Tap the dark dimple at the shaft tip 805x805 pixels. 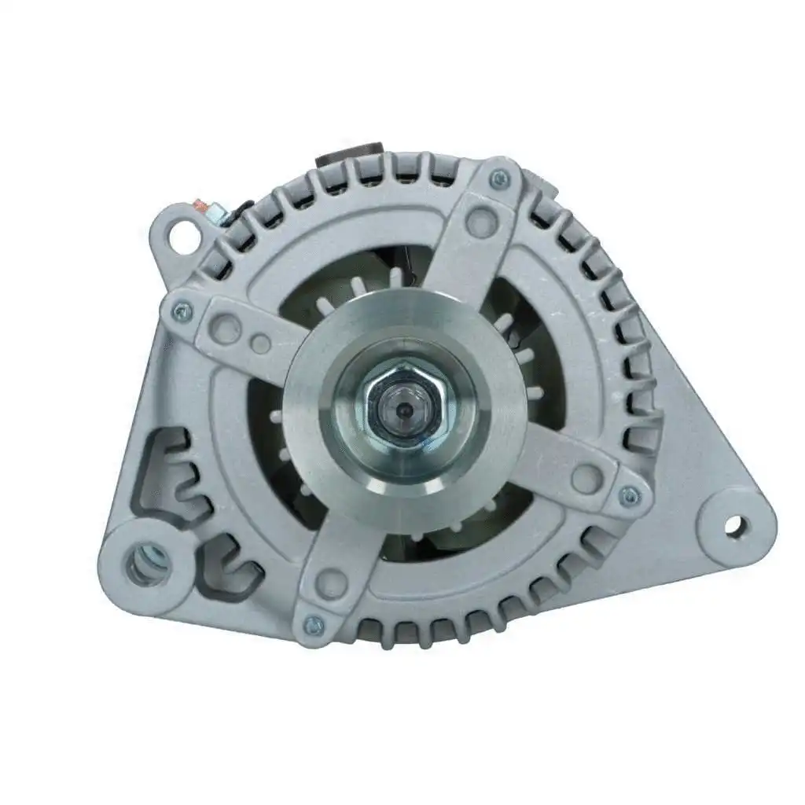402,410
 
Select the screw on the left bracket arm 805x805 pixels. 182,313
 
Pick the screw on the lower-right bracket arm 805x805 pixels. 628,496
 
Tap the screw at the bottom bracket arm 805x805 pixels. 314,625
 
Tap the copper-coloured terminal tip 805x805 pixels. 210,208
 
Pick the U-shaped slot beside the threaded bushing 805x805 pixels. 227,565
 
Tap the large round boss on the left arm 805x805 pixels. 226,328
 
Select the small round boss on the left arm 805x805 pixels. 263,344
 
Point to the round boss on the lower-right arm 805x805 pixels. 585,476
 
